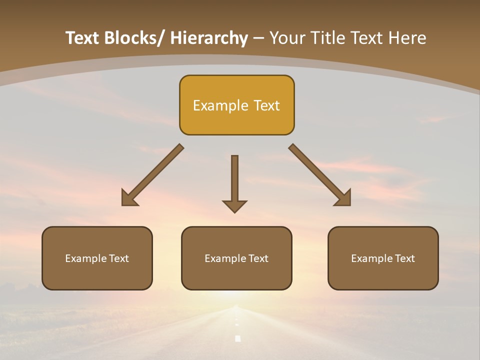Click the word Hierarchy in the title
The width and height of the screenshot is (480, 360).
tap(208, 38)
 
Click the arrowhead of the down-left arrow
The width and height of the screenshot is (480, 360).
tap(128, 199)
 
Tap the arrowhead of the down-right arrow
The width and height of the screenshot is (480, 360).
tap(344, 199)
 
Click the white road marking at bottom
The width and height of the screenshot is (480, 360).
tap(238, 338)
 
